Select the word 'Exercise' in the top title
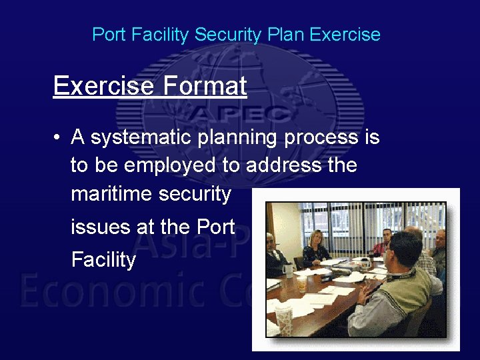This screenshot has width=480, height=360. (347, 35)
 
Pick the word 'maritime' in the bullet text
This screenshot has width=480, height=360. (111, 194)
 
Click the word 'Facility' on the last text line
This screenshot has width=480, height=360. (103, 260)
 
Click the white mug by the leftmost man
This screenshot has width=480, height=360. (288, 269)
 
